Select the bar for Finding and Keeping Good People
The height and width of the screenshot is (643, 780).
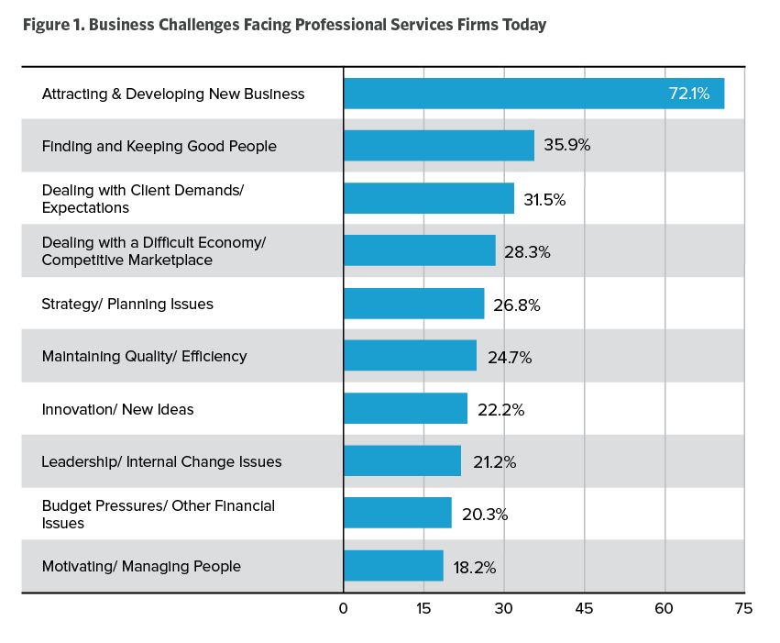point(438,146)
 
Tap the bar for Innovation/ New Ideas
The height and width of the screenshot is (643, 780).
point(405,409)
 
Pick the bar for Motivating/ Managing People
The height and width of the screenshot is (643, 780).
point(393,567)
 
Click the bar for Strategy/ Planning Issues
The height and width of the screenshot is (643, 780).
point(413,304)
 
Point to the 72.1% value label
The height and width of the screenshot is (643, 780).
point(688,94)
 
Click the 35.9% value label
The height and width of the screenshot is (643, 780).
point(566,146)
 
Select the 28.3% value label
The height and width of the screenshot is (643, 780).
point(526,251)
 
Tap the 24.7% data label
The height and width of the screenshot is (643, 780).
point(509,357)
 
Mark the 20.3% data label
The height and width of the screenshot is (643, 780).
point(484,515)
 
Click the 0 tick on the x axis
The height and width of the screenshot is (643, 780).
point(344,608)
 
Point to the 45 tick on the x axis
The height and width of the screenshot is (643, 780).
point(584,608)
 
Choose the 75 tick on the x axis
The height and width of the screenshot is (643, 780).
point(743,608)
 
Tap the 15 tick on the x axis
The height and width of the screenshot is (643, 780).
point(423,608)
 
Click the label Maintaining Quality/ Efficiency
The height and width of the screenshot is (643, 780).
point(144,357)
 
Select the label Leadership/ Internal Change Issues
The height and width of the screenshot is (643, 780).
point(161,461)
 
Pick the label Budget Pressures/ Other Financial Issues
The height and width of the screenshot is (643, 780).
point(158,515)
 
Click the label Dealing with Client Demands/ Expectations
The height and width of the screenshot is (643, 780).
point(143,198)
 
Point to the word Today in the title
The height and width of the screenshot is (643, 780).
point(522,25)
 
